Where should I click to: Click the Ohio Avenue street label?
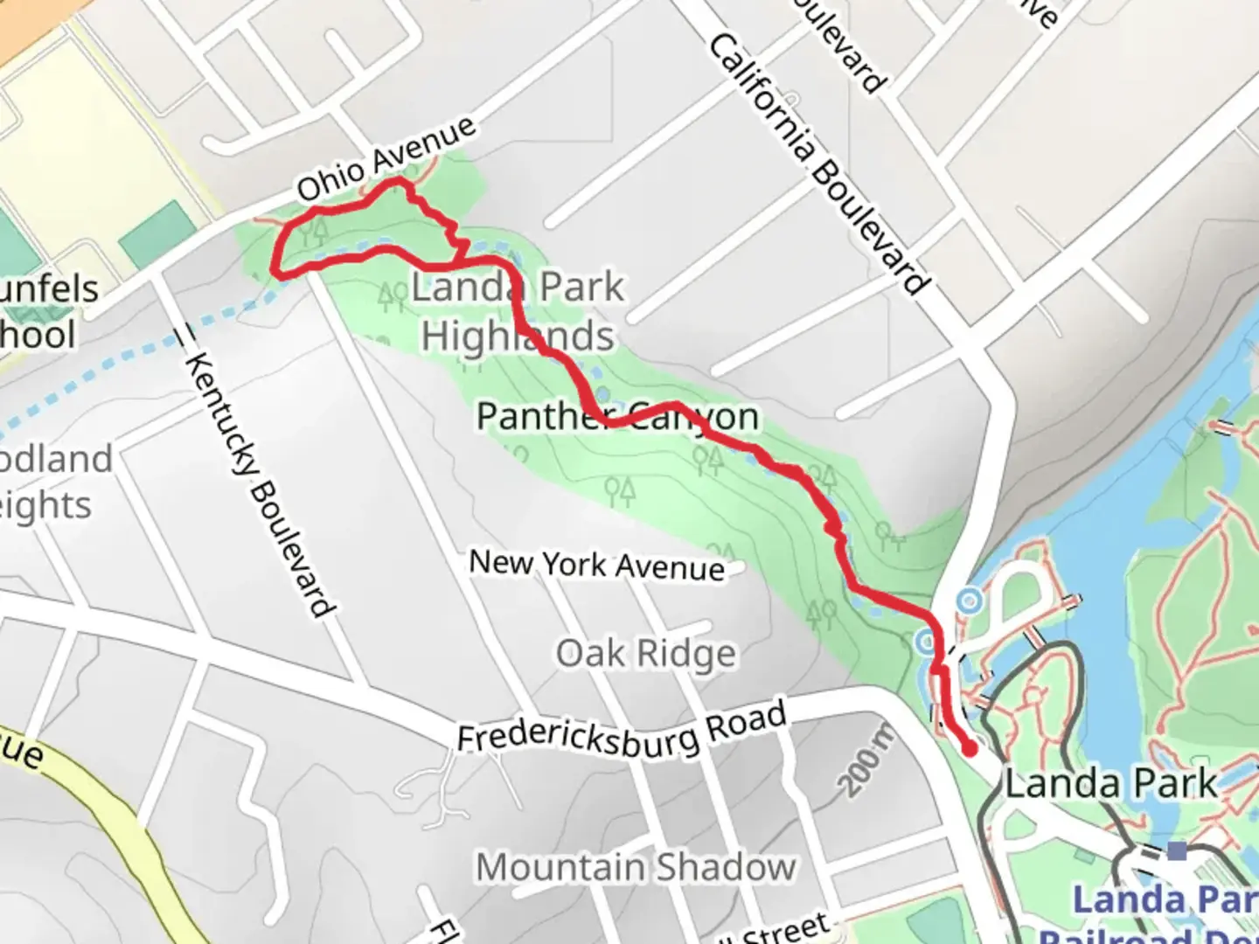point(386,158)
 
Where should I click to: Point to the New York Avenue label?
point(597,565)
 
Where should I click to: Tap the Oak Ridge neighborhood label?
point(646,654)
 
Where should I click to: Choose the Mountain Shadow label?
point(636,867)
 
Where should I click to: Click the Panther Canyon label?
point(617,416)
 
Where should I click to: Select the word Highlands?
point(518,336)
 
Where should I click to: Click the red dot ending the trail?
point(969,748)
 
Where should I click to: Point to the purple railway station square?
point(1177,850)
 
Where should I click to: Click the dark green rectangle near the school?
point(158,234)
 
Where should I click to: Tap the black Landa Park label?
point(1110,783)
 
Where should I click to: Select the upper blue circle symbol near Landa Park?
point(969,601)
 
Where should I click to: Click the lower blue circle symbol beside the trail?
point(926,642)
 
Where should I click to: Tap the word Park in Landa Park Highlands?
point(582,287)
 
